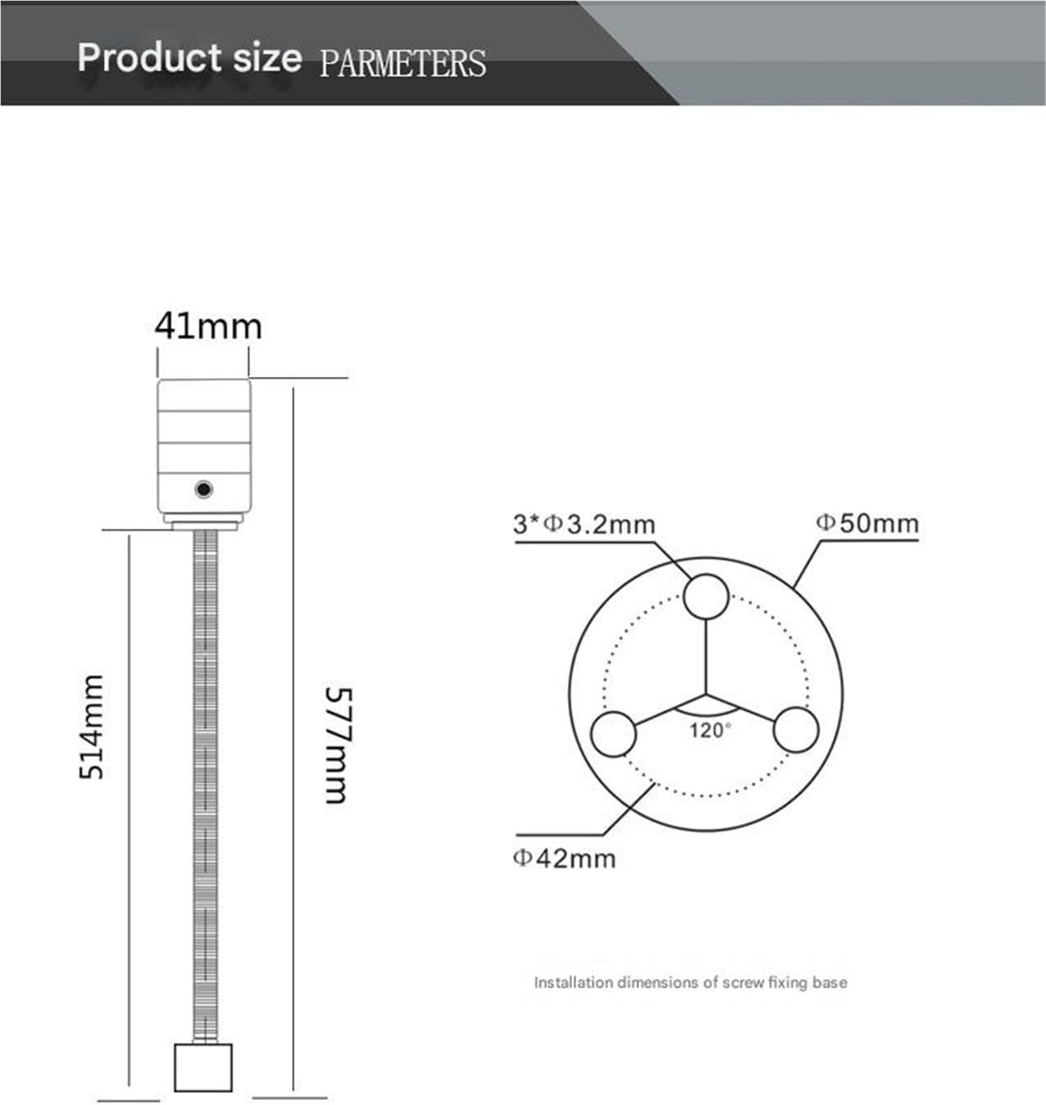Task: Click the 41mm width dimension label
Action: coord(208,327)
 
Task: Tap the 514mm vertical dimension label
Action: coord(92,727)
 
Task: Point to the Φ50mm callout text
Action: coord(867,523)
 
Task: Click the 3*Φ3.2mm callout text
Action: coord(584,523)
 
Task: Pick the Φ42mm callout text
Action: coord(564,858)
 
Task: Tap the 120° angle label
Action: coord(709,730)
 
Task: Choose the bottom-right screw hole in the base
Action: coord(796,729)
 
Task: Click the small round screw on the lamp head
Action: coord(203,490)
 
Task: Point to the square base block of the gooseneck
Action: coord(203,1067)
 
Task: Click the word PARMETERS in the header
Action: coord(402,63)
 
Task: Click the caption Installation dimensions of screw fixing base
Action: coord(690,982)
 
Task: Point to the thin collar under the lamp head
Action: coord(204,521)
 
